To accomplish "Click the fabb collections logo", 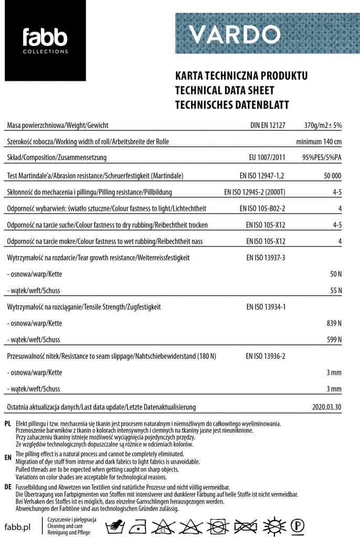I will point(45,41).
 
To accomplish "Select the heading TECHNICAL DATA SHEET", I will point(225,90).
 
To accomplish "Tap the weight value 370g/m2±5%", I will point(323,126).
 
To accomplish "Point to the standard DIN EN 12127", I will point(268,126).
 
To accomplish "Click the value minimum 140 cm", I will point(319,142).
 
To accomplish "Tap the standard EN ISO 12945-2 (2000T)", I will point(255,192).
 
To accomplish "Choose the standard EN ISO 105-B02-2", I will point(262,209).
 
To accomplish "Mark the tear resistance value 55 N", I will point(336,291).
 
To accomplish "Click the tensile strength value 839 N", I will point(334,323).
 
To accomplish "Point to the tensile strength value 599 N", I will point(334,340).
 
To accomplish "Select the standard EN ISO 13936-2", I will point(266,356).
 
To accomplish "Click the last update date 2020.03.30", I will point(326,407).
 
